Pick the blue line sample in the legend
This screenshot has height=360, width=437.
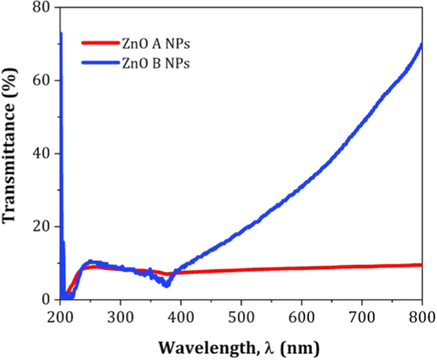99,63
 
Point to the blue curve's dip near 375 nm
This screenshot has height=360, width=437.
166,285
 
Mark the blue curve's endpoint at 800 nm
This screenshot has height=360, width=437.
422,45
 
